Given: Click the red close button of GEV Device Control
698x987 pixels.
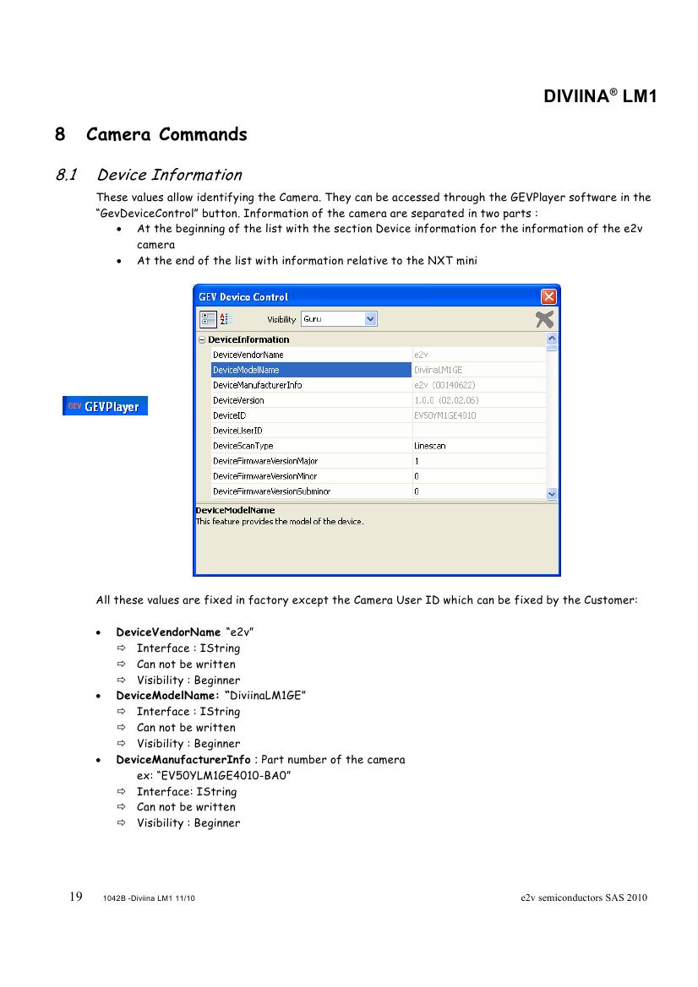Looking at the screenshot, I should pyautogui.click(x=548, y=296).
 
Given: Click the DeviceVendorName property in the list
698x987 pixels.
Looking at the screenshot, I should pyautogui.click(x=248, y=355).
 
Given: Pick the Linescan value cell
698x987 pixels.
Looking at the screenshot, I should pyautogui.click(x=430, y=446).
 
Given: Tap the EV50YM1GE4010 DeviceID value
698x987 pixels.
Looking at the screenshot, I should pyautogui.click(x=444, y=415).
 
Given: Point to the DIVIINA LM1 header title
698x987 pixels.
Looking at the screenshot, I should pyautogui.click(x=600, y=96).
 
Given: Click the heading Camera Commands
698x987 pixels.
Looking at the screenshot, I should pyautogui.click(x=166, y=134).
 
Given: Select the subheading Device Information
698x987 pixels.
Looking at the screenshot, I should pyautogui.click(x=169, y=175).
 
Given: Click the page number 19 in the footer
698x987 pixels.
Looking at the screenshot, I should pyautogui.click(x=75, y=897).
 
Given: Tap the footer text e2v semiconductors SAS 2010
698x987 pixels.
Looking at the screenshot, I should pyautogui.click(x=584, y=898).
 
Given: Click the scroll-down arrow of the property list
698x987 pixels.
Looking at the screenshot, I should pyautogui.click(x=552, y=493).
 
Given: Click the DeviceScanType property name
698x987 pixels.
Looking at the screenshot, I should pyautogui.click(x=243, y=446).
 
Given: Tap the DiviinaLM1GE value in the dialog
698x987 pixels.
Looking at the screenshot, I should pyautogui.click(x=438, y=370).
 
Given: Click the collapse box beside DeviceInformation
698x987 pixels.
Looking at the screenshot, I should pyautogui.click(x=202, y=340).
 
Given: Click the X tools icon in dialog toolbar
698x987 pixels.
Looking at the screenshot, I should pyautogui.click(x=545, y=318).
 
